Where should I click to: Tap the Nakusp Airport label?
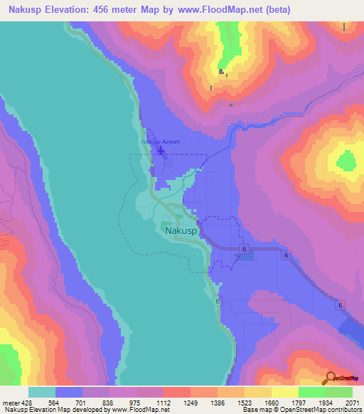161,142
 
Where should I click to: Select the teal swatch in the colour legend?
42,391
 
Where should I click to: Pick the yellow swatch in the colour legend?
284,391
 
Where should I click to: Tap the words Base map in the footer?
254,410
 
